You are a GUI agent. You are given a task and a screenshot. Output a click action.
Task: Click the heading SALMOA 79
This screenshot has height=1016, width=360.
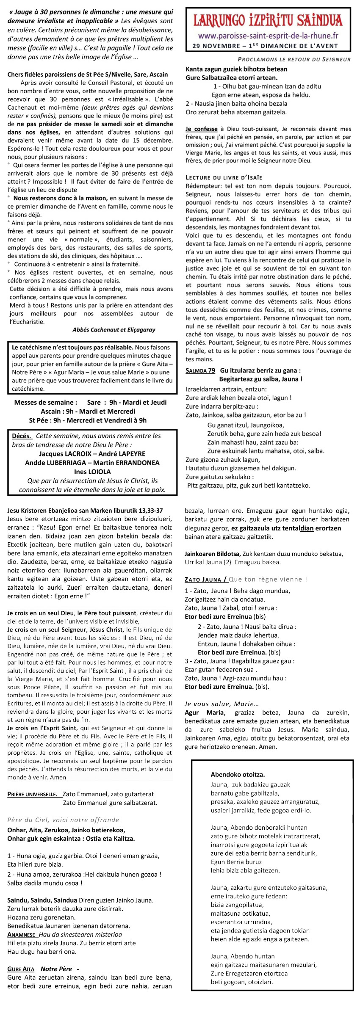click(200, 370)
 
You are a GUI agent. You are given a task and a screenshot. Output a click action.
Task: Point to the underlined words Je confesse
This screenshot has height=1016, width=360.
click(201, 129)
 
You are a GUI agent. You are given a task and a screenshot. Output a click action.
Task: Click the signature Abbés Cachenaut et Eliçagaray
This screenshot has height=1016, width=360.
click(114, 330)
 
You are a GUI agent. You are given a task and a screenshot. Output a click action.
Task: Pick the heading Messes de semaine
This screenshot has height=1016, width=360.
click(46, 402)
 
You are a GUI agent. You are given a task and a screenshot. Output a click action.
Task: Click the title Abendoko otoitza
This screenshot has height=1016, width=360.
click(238, 774)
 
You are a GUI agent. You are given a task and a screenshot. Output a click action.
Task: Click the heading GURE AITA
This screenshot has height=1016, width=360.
click(21, 969)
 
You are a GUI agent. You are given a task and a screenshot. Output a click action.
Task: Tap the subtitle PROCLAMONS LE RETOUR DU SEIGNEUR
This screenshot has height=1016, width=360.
click(294, 59)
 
